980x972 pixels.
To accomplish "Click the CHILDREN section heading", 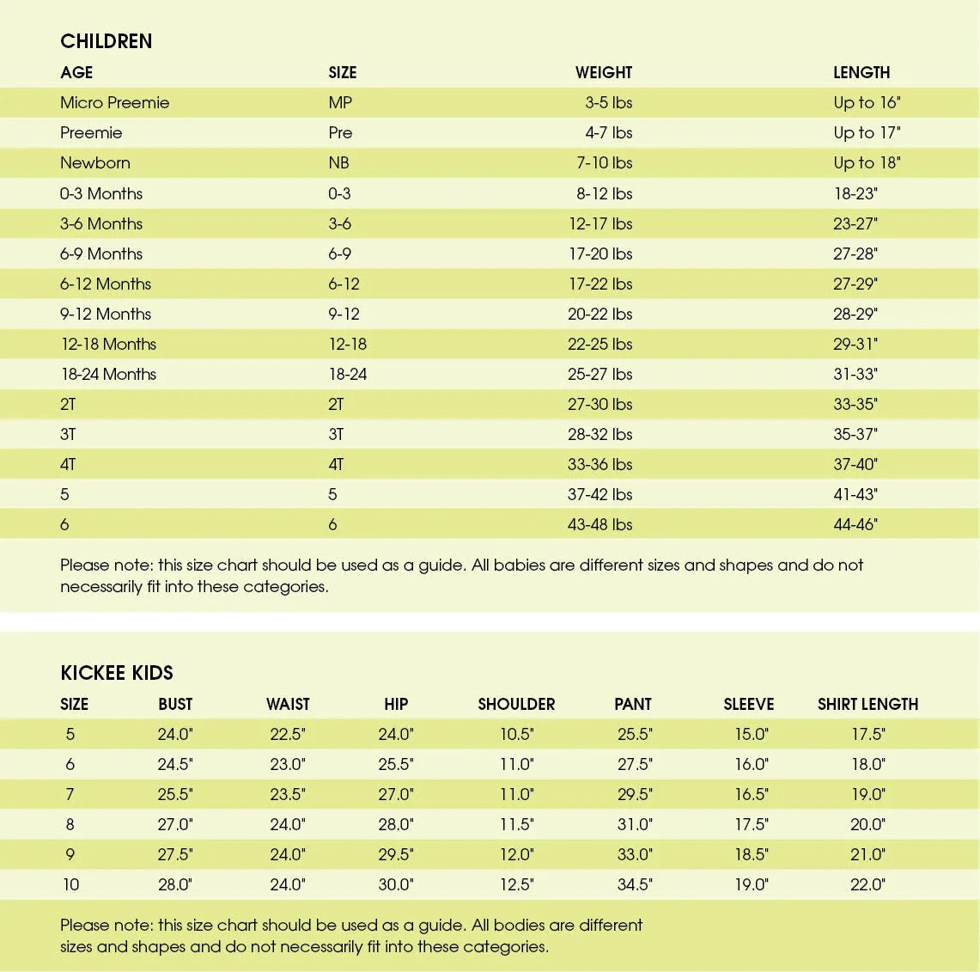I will tap(106, 41).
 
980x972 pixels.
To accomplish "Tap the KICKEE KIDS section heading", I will tap(117, 673).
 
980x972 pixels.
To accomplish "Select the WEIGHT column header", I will tap(603, 73).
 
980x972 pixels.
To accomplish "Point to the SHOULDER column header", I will tap(516, 705).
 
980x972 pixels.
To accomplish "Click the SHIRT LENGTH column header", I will tap(867, 705).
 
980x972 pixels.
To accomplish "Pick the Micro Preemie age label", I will tap(114, 103).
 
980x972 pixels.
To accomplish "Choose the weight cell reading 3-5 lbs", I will tap(608, 103).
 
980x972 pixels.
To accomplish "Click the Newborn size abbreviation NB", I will tap(338, 163).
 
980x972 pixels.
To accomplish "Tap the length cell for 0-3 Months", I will tap(855, 194).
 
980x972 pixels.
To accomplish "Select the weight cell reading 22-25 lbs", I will tap(600, 345).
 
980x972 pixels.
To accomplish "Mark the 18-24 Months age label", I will tap(108, 375).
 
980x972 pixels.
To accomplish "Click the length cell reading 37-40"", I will tap(855, 465).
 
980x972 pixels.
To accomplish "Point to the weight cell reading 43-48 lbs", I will tap(600, 525).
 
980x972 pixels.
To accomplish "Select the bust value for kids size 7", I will tap(175, 795).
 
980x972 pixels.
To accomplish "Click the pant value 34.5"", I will tap(635, 885).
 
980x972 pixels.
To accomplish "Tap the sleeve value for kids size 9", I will tap(752, 855).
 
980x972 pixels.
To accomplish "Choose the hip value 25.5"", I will tap(396, 765).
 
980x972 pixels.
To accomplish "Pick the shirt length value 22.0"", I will tap(867, 885).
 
